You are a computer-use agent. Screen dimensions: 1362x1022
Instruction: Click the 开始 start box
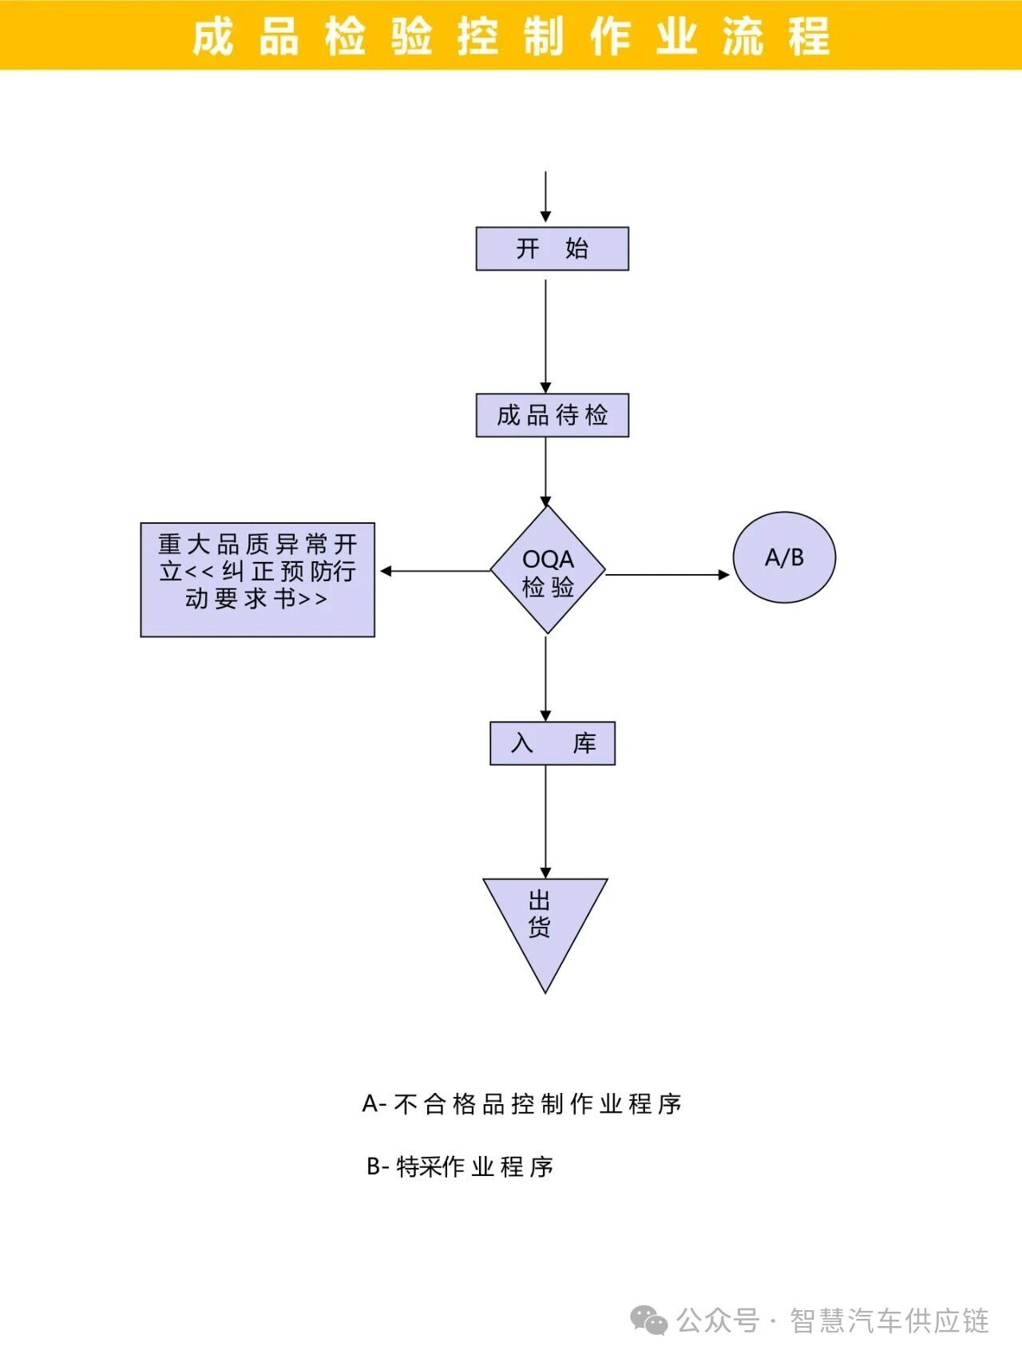(552, 248)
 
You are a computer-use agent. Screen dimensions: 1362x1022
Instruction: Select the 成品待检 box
(552, 415)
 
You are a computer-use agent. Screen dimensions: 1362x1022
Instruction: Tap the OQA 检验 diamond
(548, 571)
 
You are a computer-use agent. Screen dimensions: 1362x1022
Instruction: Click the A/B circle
(784, 557)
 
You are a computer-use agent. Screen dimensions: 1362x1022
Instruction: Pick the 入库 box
(552, 743)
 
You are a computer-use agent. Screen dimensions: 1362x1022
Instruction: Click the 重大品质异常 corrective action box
(257, 579)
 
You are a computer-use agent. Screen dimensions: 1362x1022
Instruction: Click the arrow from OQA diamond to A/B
(667, 574)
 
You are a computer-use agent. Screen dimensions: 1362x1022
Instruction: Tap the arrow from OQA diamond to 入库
(546, 679)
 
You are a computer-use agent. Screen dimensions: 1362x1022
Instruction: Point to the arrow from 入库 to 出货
(546, 822)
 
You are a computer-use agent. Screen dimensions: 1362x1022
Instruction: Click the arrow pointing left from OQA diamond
(435, 571)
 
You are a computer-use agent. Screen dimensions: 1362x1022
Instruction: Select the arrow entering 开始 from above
(545, 196)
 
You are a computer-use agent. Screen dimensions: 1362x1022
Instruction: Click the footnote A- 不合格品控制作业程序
(521, 1104)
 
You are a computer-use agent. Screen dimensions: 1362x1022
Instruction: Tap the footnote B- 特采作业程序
(459, 1166)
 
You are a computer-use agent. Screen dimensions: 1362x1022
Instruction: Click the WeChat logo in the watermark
(649, 1320)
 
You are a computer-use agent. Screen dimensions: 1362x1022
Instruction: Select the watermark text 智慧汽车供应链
(889, 1320)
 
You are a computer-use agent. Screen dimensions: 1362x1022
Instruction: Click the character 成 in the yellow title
(213, 37)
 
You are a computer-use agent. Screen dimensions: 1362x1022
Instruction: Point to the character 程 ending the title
(810, 37)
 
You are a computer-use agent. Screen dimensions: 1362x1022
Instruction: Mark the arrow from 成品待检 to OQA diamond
(546, 471)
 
